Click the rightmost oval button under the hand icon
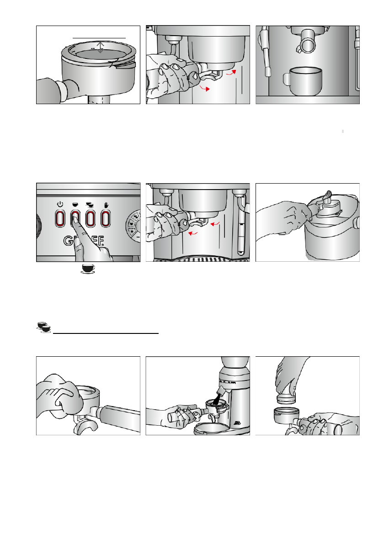click(x=105, y=218)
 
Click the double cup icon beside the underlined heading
click(x=43, y=327)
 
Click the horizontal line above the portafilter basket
click(x=99, y=35)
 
